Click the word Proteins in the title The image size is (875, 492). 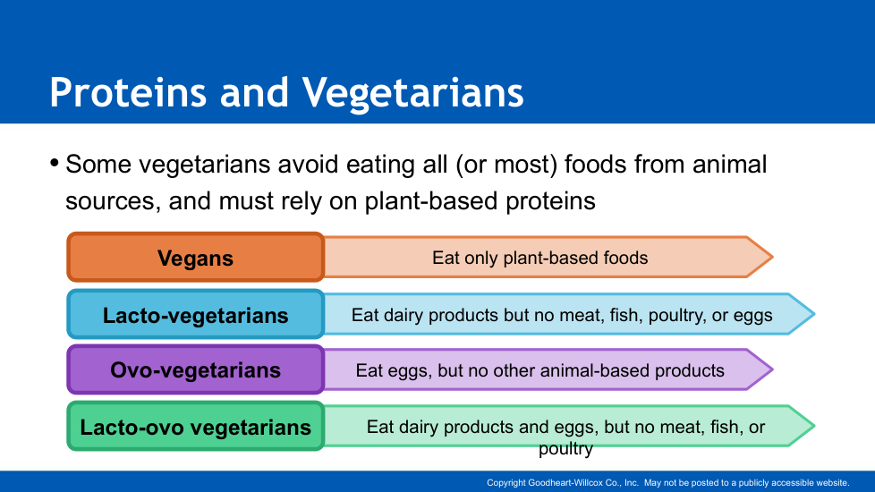click(128, 92)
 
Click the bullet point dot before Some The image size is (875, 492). click(55, 164)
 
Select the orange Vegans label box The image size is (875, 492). click(195, 257)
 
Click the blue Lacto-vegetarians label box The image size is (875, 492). click(195, 315)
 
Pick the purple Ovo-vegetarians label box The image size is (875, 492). click(195, 369)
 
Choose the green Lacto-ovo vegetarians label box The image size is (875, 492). click(195, 427)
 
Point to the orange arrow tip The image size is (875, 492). click(772, 257)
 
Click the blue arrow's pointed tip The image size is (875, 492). click(815, 314)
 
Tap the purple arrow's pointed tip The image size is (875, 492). click(772, 369)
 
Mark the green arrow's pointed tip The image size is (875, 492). click(815, 426)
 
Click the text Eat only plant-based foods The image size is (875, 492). click(540, 259)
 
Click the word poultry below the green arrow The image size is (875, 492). click(565, 449)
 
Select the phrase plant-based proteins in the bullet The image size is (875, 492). click(480, 201)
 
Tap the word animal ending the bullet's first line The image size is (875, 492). click(730, 165)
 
